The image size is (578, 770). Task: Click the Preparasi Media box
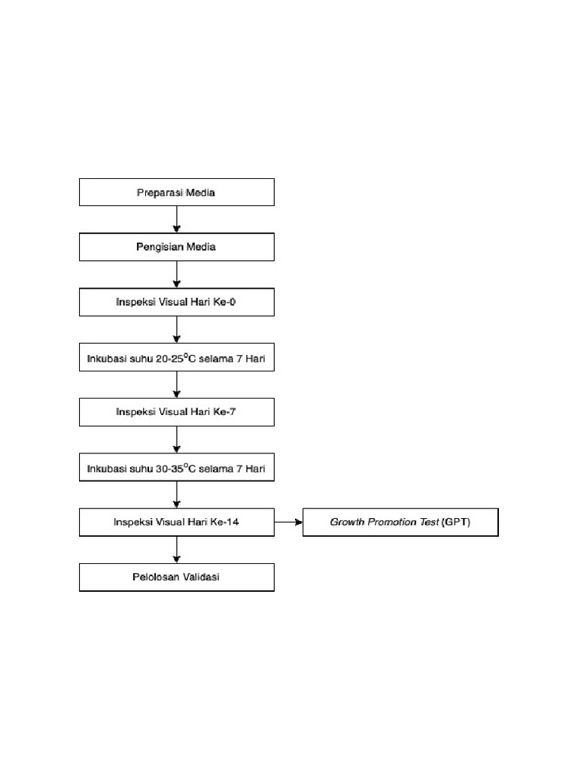tap(176, 192)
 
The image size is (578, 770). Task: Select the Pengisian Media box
tap(176, 247)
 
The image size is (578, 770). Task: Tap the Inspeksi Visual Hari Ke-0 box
tap(176, 302)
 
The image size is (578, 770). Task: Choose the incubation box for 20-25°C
tap(176, 358)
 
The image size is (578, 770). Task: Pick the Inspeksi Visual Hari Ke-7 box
tap(176, 412)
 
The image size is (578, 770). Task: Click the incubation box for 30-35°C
tap(176, 468)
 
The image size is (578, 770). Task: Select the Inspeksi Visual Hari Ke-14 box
tap(176, 523)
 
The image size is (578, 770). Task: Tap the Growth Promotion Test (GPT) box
tap(400, 523)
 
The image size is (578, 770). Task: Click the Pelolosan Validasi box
tap(176, 577)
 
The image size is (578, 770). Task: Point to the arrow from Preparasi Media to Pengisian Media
tap(177, 220)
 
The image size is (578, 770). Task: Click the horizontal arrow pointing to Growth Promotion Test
tap(288, 522)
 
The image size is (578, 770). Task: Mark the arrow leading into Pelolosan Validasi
tap(177, 550)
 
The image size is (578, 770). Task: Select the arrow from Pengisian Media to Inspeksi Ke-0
tap(177, 274)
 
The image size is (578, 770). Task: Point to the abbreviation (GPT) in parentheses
tap(456, 523)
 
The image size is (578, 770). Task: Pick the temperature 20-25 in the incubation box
tap(169, 359)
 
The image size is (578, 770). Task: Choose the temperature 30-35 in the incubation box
tap(169, 468)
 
